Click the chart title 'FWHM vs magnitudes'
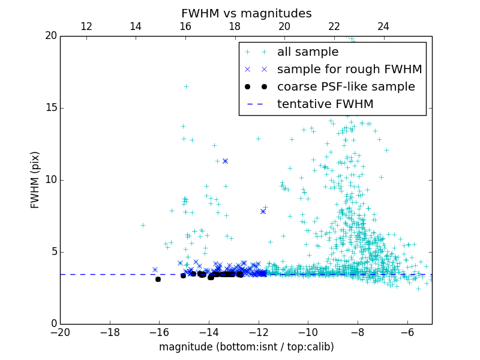(x=246, y=13)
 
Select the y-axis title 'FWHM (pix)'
(x=35, y=179)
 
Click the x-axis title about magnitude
(x=246, y=347)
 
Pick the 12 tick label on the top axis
(x=86, y=26)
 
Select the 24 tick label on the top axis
(x=383, y=26)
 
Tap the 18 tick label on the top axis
(x=235, y=26)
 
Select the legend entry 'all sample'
(x=308, y=52)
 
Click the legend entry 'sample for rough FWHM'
(x=349, y=70)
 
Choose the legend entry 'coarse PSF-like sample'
(x=346, y=87)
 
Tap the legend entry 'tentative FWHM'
(x=325, y=104)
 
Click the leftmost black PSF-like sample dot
(x=158, y=279)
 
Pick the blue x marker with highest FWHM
(x=225, y=161)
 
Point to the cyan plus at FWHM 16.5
(x=186, y=86)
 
